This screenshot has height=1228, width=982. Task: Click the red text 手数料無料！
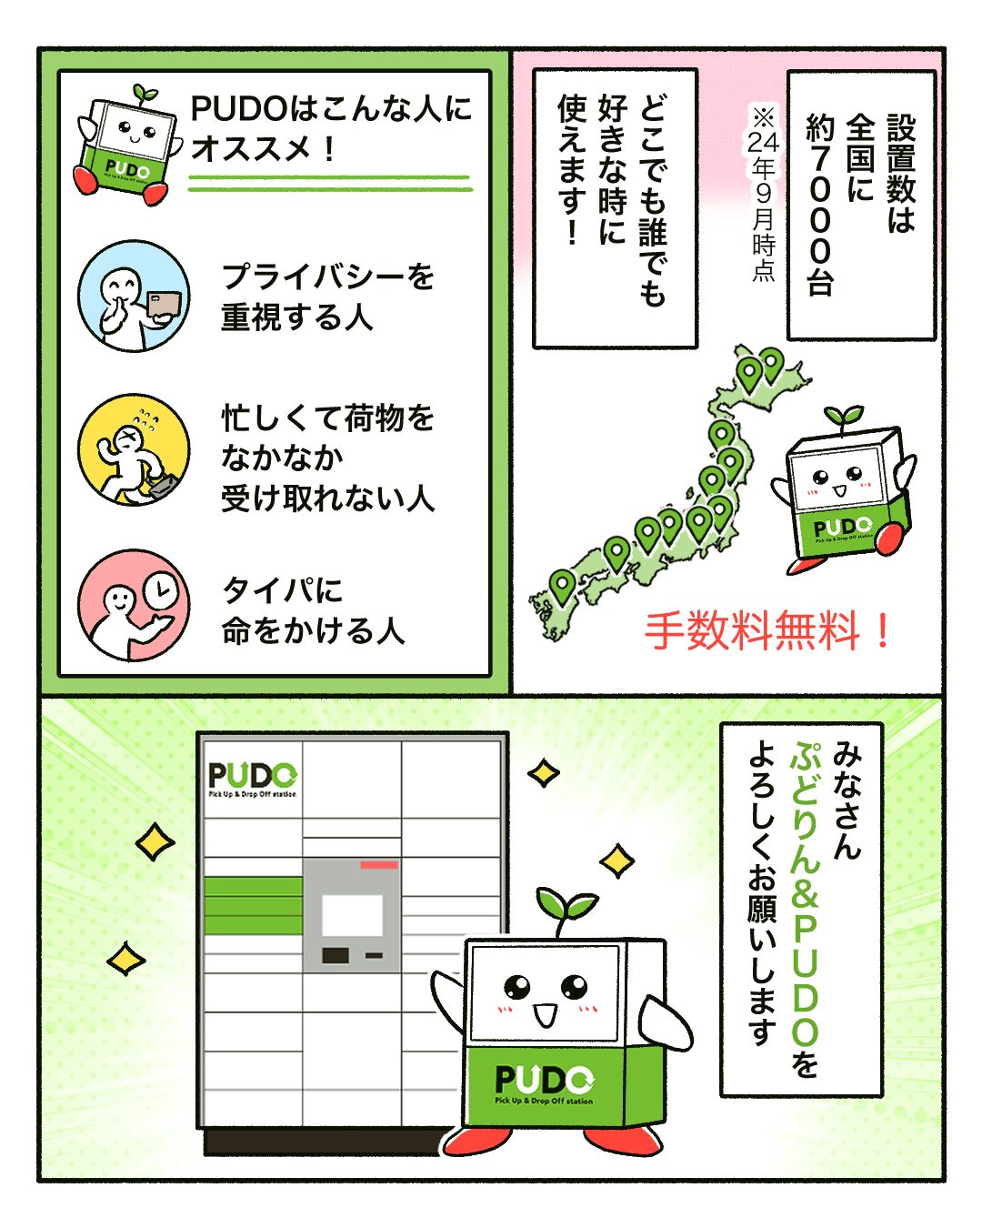coord(767,630)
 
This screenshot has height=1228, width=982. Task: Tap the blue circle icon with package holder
coord(134,296)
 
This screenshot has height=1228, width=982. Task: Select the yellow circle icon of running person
coord(134,449)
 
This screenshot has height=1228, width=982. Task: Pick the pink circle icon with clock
coord(134,605)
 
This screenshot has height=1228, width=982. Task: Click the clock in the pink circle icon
coord(161,589)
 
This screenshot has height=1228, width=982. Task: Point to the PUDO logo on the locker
coord(252,779)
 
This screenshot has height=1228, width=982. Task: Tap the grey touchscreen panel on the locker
coord(352,915)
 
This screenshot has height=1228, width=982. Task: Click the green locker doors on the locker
coord(253,906)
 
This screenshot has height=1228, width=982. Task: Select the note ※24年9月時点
coord(763,194)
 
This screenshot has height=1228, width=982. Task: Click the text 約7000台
coord(820,205)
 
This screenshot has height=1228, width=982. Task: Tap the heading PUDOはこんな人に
coord(331,108)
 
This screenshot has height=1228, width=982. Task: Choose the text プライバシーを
coord(327,277)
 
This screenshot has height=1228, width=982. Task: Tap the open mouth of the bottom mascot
coord(545,1015)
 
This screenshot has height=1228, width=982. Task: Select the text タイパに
coord(282,589)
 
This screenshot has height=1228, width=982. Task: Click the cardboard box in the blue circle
coord(165,303)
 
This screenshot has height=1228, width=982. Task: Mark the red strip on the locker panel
coord(379,865)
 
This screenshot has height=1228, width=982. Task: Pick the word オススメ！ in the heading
coord(263,149)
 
